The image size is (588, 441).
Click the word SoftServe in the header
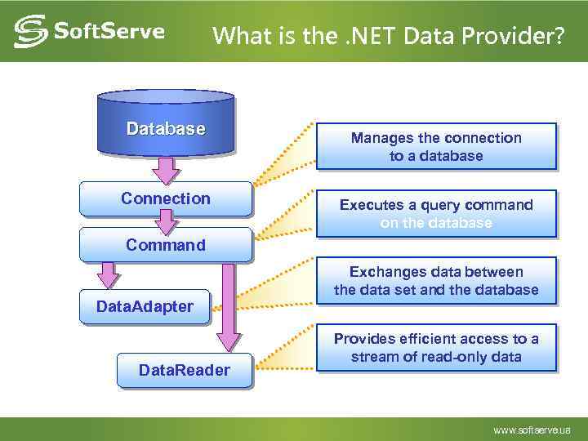coord(109,32)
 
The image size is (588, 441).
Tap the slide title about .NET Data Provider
coord(387,36)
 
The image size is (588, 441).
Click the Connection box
coord(166,198)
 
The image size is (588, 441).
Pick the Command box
coord(166,245)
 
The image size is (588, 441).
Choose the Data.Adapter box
coord(145,307)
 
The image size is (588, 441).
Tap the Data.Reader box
coord(185,371)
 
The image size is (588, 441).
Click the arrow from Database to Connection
coord(167,169)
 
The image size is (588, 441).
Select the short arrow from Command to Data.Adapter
coord(106,275)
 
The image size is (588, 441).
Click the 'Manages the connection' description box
coord(436,147)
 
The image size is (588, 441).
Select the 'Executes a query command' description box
coord(436,214)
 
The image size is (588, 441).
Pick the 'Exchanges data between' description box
coord(436,281)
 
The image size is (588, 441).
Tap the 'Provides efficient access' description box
coord(436,348)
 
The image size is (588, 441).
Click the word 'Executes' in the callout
coord(367,205)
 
